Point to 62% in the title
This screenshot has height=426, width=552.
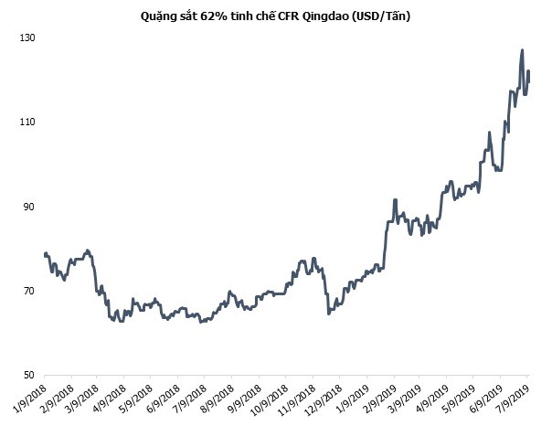click(210, 16)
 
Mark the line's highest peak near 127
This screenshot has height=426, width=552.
click(522, 50)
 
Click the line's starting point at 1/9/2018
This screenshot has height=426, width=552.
click(45, 253)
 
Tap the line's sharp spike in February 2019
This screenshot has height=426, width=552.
click(395, 199)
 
